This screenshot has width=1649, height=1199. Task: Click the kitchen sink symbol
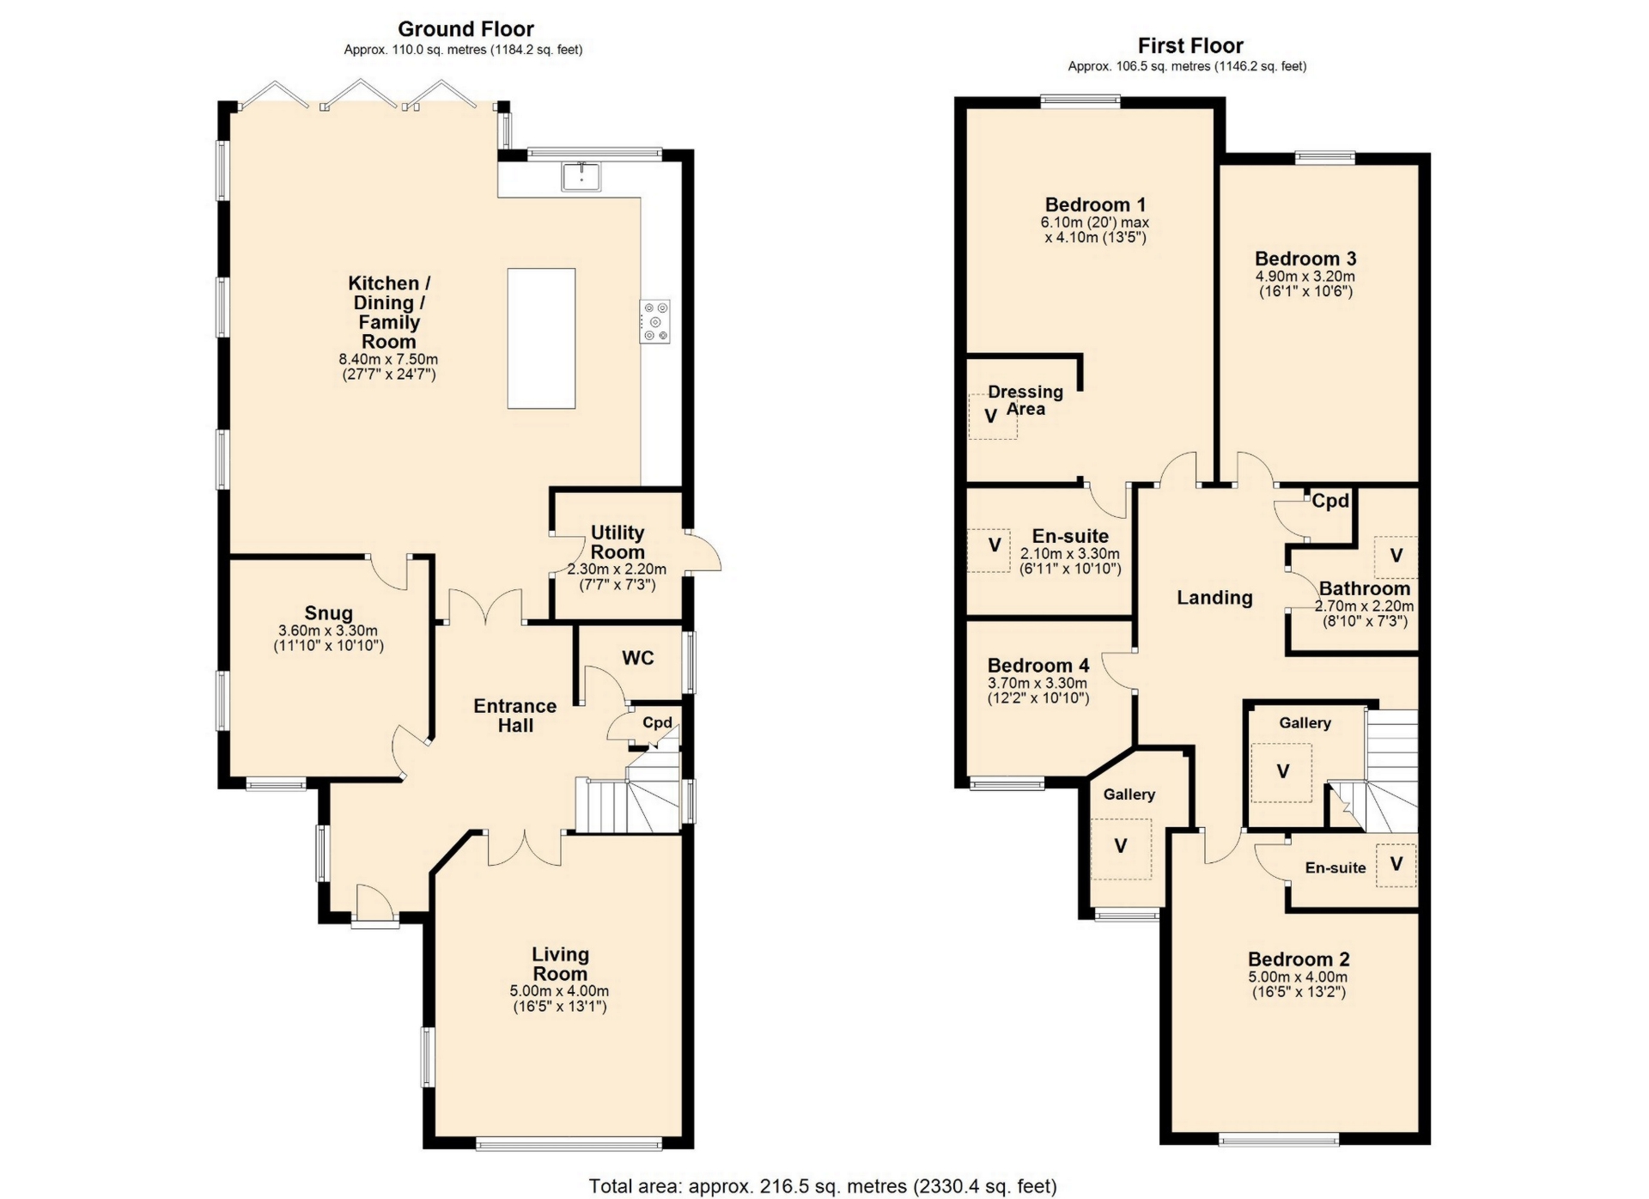click(x=581, y=175)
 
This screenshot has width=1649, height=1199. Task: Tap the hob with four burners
click(x=655, y=322)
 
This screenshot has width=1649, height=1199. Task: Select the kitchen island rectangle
click(x=541, y=338)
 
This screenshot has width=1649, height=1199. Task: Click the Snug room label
click(x=329, y=613)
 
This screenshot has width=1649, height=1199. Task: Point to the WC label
click(x=638, y=658)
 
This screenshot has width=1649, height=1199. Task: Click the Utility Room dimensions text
click(x=617, y=576)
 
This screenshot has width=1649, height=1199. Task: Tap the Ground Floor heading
click(x=465, y=29)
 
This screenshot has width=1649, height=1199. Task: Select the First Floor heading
click(x=1190, y=46)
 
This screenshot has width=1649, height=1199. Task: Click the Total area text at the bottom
click(x=823, y=1186)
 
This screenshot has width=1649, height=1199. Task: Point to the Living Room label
click(x=560, y=964)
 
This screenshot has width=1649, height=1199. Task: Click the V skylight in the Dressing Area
click(x=991, y=417)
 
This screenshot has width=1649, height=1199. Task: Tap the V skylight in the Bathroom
click(x=1396, y=556)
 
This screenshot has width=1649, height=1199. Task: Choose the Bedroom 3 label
click(x=1305, y=259)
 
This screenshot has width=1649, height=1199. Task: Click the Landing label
click(x=1214, y=598)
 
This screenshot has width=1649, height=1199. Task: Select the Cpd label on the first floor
click(x=1330, y=501)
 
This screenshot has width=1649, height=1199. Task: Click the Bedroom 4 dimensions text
click(x=1038, y=691)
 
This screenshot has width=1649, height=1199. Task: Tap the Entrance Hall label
click(x=515, y=715)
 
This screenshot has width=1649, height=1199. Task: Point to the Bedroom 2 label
click(x=1299, y=959)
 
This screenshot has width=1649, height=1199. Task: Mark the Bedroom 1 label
click(x=1095, y=204)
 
